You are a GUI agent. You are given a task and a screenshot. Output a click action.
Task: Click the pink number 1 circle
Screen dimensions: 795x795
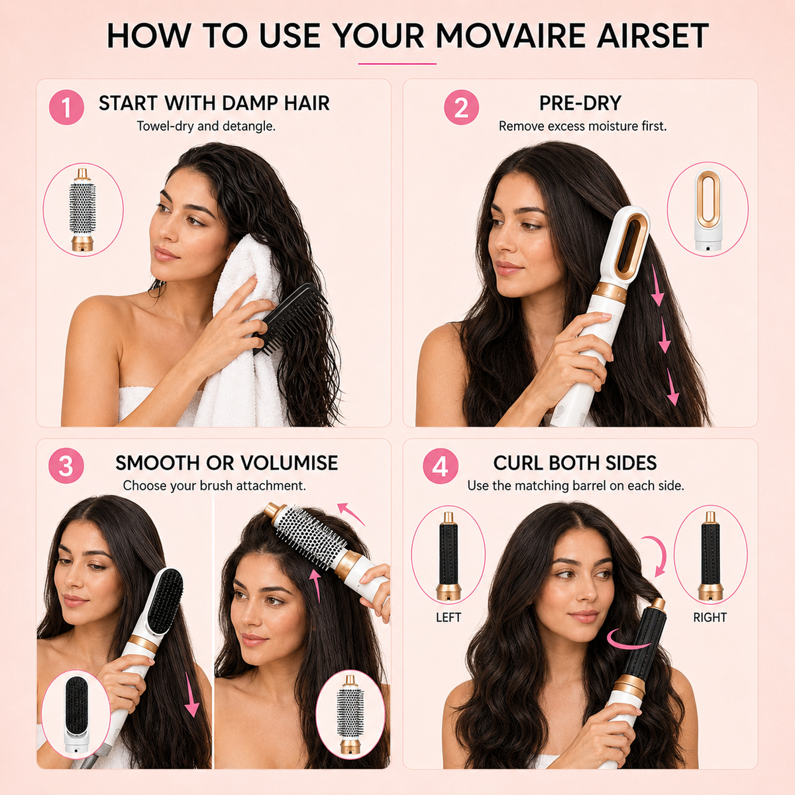pyautogui.click(x=66, y=107)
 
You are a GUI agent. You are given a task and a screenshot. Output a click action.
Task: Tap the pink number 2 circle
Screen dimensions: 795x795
pyautogui.click(x=461, y=107)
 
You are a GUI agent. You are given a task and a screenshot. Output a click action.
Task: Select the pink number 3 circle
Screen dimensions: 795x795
pyautogui.click(x=66, y=466)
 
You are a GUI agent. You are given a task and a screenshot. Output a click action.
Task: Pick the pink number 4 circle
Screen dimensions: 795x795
pyautogui.click(x=440, y=466)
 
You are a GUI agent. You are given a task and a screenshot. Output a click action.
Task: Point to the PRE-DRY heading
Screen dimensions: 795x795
pyautogui.click(x=580, y=103)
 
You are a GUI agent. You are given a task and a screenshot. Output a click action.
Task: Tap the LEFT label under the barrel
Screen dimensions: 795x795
pyautogui.click(x=448, y=617)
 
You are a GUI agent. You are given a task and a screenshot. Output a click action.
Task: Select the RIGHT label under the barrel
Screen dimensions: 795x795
pyautogui.click(x=710, y=617)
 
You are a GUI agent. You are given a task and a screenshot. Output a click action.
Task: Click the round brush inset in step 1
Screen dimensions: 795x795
pyautogui.click(x=83, y=209)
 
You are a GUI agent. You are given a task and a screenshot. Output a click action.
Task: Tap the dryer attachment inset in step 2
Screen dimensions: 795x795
pyautogui.click(x=707, y=209)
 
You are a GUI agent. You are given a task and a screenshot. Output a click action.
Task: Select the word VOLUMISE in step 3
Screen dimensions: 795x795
pyautogui.click(x=289, y=463)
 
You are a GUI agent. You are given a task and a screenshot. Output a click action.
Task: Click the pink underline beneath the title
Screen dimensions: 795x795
pyautogui.click(x=397, y=64)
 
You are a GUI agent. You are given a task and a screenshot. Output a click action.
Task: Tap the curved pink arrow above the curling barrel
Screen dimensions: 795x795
pyautogui.click(x=656, y=555)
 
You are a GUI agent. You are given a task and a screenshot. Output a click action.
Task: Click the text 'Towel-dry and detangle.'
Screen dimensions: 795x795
pyautogui.click(x=206, y=126)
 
